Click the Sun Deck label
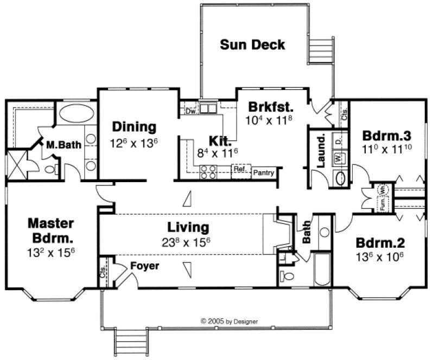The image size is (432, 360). pyautogui.click(x=252, y=44)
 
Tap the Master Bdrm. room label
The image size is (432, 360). pyautogui.click(x=51, y=230)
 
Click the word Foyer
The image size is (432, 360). pyautogui.click(x=145, y=266)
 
